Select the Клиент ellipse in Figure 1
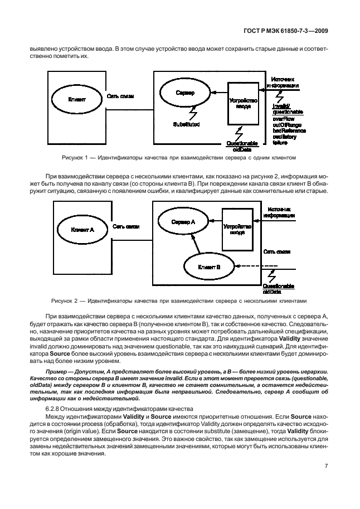coord(76,99)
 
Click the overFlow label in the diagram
coord(284,119)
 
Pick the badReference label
coord(289,130)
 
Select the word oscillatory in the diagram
coord(285,135)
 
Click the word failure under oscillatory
coord(280,141)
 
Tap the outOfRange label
coord(286,124)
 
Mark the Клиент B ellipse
coord(209,267)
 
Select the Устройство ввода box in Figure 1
coord(244,103)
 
